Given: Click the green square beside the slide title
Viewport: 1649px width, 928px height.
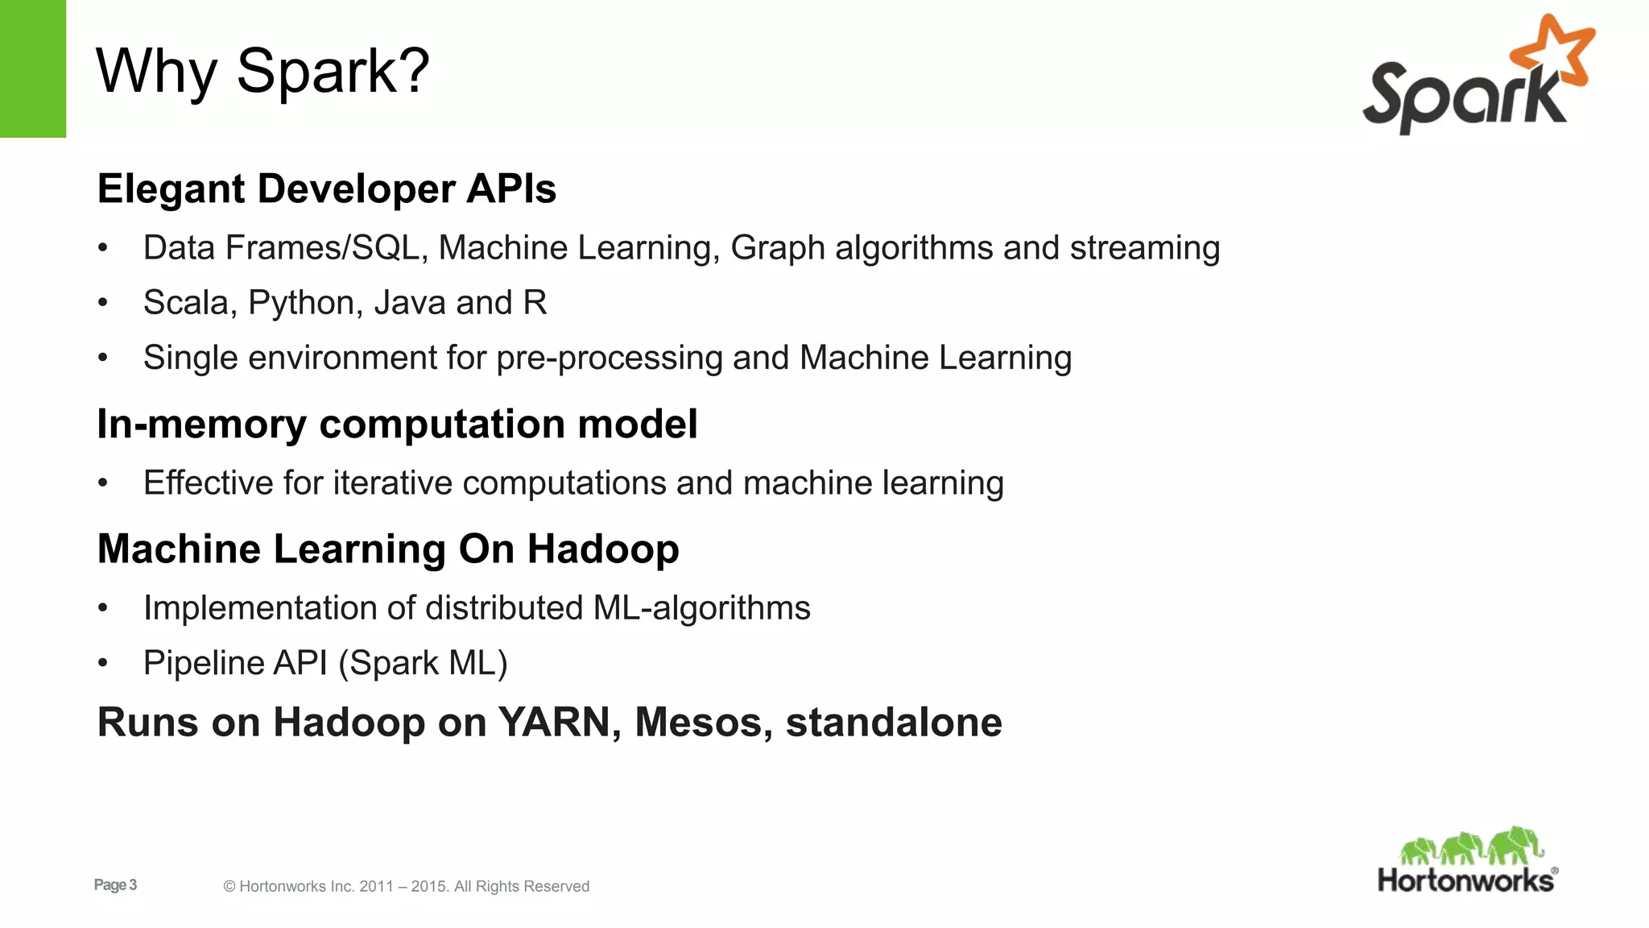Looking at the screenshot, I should [x=33, y=68].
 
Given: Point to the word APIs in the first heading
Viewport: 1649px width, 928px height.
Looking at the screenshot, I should [x=511, y=189].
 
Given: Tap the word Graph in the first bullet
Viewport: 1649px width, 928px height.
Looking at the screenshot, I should [x=778, y=248].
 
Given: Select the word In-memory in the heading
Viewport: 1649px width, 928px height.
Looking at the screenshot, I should [x=202, y=424].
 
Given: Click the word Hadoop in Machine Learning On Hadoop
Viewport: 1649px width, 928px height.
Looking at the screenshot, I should [x=603, y=549].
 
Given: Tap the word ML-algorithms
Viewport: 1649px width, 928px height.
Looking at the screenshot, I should [x=701, y=608].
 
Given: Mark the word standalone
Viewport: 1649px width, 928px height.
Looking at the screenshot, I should [x=894, y=722].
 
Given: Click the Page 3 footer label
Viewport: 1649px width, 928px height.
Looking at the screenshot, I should [x=115, y=885].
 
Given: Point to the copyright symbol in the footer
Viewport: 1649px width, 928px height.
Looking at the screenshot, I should [x=229, y=887].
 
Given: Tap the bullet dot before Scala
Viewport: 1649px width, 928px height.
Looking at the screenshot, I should [x=102, y=304].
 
